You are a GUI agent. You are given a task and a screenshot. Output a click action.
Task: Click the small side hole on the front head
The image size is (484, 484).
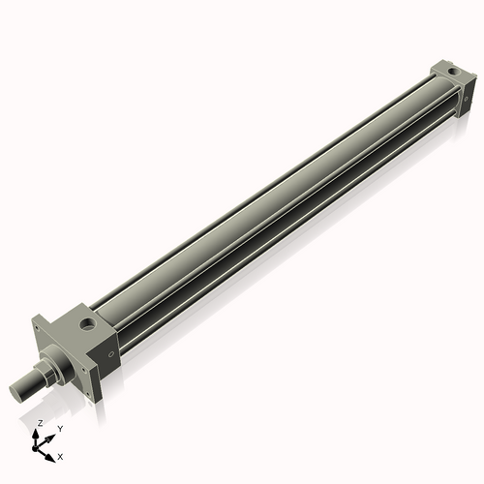(x=111, y=355)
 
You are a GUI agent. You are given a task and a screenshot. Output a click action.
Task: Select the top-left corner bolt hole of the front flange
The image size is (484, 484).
(x=39, y=328)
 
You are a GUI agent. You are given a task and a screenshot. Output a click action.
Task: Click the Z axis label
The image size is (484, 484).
(x=40, y=423)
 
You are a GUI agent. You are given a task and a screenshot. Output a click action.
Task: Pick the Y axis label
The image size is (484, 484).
(x=59, y=428)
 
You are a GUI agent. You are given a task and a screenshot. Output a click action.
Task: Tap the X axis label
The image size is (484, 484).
(x=61, y=455)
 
